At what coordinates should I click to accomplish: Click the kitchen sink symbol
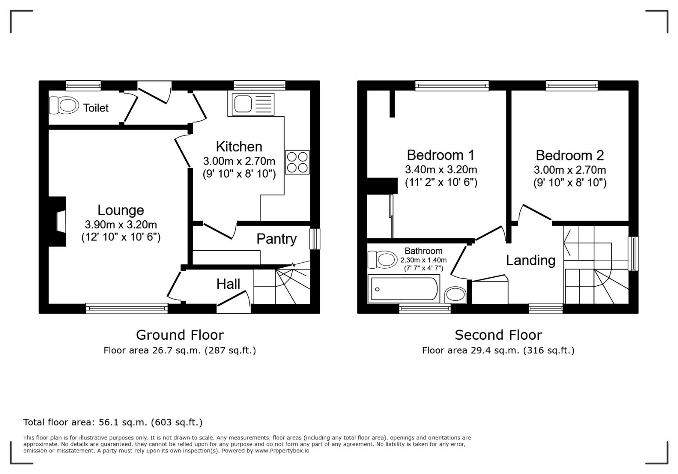(251, 104)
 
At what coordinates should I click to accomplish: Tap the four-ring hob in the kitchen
(297, 162)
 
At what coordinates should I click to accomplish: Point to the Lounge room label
(121, 210)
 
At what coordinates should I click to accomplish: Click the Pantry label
(276, 239)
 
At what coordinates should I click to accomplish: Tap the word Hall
(228, 284)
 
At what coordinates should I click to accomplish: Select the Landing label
(530, 260)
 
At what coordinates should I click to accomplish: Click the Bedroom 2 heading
(570, 155)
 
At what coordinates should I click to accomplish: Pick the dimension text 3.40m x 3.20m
(441, 169)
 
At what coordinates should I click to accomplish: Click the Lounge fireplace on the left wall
(59, 221)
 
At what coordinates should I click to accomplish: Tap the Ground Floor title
(180, 335)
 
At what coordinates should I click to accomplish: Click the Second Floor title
(498, 335)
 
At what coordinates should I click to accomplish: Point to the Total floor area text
(113, 422)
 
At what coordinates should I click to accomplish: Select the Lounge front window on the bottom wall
(127, 309)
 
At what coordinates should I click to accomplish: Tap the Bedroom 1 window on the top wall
(452, 86)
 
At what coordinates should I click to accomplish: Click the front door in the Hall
(234, 303)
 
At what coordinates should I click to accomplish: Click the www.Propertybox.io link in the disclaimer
(282, 451)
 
